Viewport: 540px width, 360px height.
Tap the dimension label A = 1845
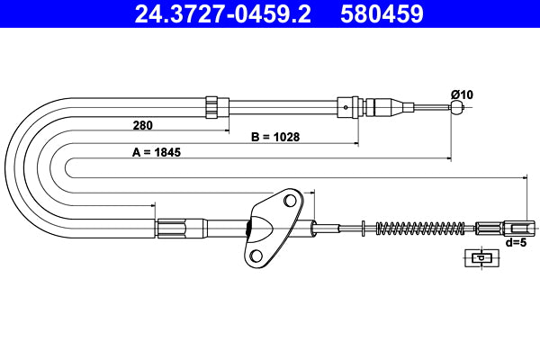157,152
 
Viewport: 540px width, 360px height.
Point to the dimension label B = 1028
274,138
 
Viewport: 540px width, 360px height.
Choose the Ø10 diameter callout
461,94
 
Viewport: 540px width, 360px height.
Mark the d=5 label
516,242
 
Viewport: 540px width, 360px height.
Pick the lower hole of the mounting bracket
255,256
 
